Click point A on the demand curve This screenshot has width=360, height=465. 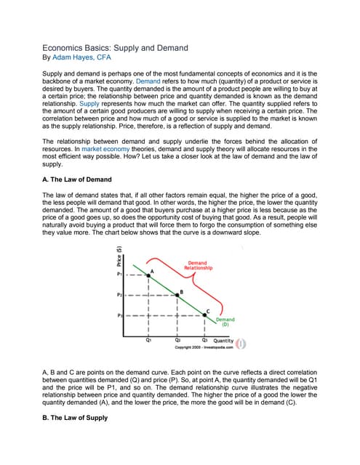click(x=149, y=276)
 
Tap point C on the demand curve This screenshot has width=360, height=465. click(x=206, y=316)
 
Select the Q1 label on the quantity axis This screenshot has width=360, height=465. click(x=148, y=339)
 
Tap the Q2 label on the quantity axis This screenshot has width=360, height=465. click(x=177, y=339)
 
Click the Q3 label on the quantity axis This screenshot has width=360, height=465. click(x=206, y=339)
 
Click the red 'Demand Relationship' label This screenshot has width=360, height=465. click(x=197, y=265)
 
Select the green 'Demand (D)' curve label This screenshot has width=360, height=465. click(x=225, y=322)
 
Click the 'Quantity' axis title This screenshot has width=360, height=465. click(x=223, y=340)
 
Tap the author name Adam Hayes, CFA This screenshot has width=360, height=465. click(x=81, y=57)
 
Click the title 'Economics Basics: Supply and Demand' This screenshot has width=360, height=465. click(x=115, y=47)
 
